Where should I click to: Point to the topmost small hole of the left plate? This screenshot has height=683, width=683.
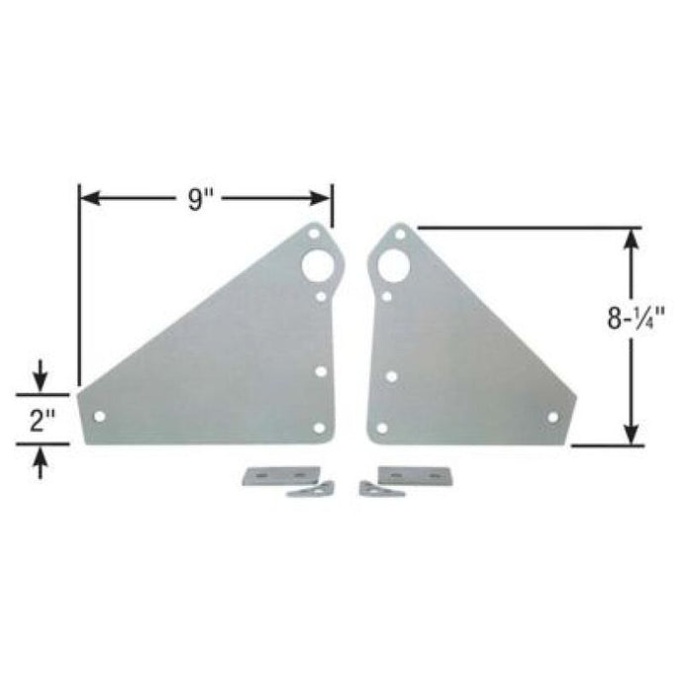314,235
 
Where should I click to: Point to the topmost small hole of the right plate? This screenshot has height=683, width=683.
399,235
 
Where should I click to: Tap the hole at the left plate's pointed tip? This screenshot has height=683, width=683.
99,417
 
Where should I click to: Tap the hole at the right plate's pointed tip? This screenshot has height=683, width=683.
552,417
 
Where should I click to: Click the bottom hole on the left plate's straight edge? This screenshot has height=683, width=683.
319,428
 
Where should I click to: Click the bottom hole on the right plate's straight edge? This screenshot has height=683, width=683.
382,429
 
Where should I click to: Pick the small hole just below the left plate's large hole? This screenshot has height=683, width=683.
322,294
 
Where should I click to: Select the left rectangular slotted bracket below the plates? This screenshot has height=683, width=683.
281,475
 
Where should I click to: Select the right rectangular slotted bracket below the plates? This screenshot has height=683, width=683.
406,475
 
